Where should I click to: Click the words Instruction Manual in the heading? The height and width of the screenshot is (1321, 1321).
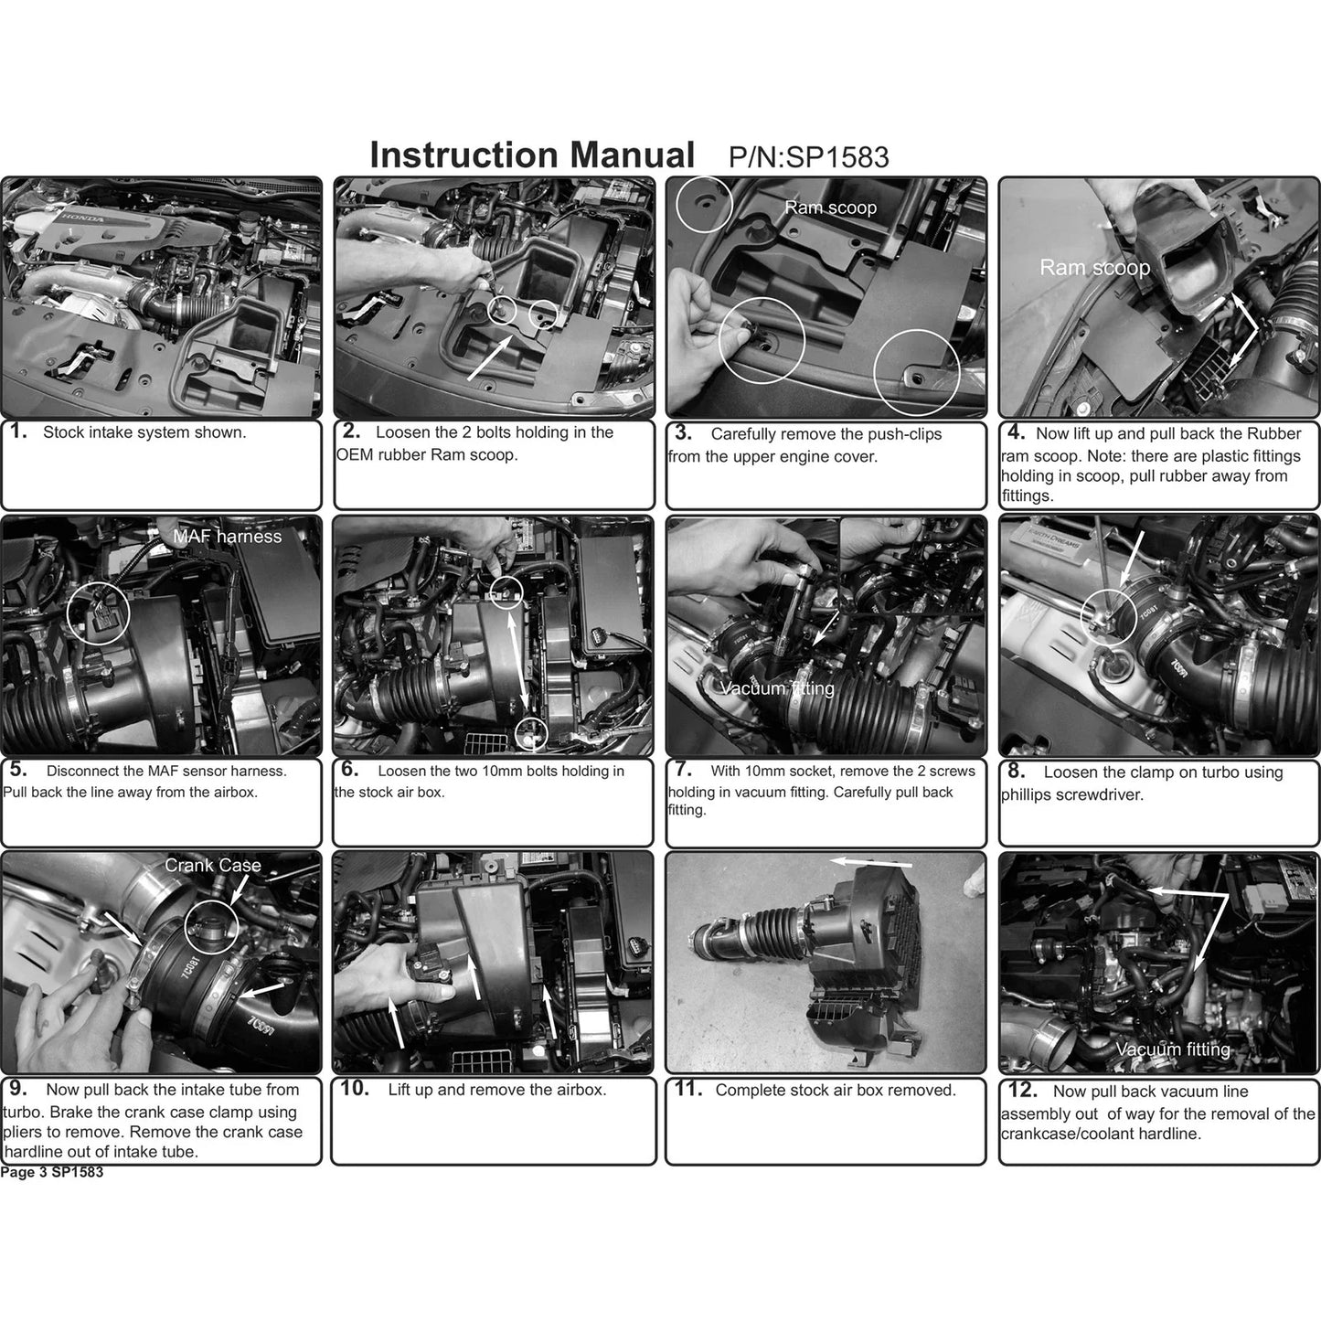tap(532, 154)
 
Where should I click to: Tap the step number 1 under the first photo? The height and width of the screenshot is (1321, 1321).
tap(18, 431)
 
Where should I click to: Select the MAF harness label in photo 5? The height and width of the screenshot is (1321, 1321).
tap(227, 536)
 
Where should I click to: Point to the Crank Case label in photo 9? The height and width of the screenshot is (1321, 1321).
tap(212, 865)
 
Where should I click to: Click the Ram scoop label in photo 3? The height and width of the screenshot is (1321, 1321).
tap(830, 208)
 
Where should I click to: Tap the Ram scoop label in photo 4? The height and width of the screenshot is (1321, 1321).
tap(1095, 267)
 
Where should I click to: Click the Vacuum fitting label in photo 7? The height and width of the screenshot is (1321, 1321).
tap(777, 687)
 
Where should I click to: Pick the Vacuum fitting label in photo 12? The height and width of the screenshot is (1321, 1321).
tap(1173, 1049)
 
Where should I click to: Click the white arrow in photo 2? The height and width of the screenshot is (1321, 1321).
tap(490, 357)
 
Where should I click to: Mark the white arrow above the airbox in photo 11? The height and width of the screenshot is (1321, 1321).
tap(870, 862)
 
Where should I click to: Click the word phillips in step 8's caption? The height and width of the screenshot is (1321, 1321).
tap(1029, 795)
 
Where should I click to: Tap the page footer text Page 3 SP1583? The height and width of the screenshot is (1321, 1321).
tap(52, 1172)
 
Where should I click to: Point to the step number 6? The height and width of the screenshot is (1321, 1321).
tap(349, 769)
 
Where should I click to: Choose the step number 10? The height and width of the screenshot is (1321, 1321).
tap(355, 1088)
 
